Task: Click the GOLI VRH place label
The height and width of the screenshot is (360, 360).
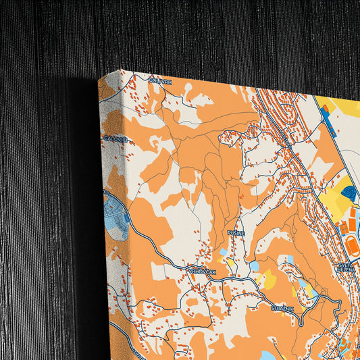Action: (161, 81)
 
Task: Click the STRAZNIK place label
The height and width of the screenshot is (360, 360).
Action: (282, 307)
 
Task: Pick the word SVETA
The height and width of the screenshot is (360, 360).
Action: (345, 265)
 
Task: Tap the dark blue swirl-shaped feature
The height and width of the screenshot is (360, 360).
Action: (350, 193)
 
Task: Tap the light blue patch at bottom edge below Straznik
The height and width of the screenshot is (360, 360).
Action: (267, 355)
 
